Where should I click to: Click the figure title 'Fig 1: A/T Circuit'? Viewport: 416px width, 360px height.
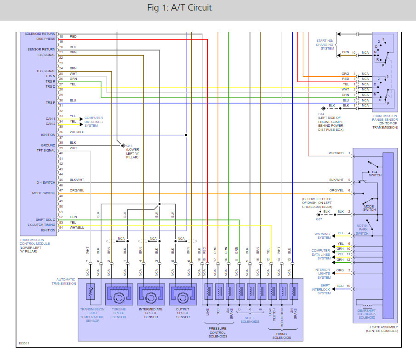click(180, 8)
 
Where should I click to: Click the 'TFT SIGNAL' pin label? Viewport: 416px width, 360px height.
click(46, 151)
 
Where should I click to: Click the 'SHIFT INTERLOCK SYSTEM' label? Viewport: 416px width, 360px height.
click(324, 289)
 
